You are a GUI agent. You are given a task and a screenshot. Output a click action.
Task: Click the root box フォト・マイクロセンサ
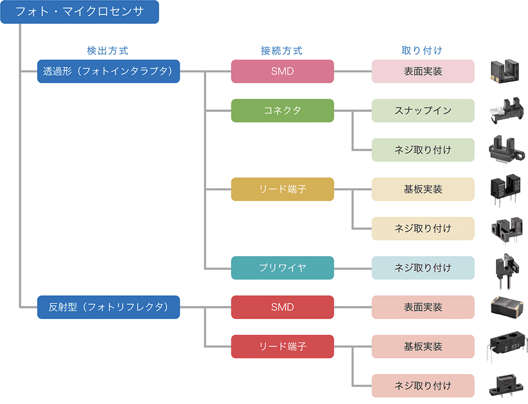click(79, 12)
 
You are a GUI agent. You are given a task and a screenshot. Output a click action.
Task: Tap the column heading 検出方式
click(108, 50)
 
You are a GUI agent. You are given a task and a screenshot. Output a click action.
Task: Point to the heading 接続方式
click(282, 50)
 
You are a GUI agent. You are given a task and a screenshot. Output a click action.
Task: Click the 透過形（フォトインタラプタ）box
click(108, 71)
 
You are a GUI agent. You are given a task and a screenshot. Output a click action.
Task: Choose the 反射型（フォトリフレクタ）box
click(108, 307)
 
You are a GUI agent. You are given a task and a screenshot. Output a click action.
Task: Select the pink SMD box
click(282, 71)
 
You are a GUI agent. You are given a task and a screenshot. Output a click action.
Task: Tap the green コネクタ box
click(282, 111)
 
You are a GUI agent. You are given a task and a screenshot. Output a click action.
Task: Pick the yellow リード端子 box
click(282, 189)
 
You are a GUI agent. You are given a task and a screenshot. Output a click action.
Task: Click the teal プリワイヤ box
click(282, 268)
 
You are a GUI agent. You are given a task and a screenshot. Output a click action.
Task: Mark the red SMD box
click(282, 307)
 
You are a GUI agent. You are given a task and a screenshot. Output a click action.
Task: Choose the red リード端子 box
click(282, 347)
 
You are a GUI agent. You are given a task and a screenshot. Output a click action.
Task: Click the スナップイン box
click(423, 111)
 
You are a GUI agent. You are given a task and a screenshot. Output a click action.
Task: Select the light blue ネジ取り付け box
click(423, 268)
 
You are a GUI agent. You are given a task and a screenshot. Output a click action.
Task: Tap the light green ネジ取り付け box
click(423, 150)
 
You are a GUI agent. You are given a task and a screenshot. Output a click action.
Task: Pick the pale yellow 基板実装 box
click(423, 189)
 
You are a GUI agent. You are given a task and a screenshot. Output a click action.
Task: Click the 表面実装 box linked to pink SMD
click(423, 71)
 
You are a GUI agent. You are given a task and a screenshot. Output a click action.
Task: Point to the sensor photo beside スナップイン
click(505, 111)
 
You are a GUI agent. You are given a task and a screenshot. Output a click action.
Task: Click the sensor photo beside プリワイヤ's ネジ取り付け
click(506, 267)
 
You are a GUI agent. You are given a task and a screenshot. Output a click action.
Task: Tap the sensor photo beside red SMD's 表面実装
click(506, 307)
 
